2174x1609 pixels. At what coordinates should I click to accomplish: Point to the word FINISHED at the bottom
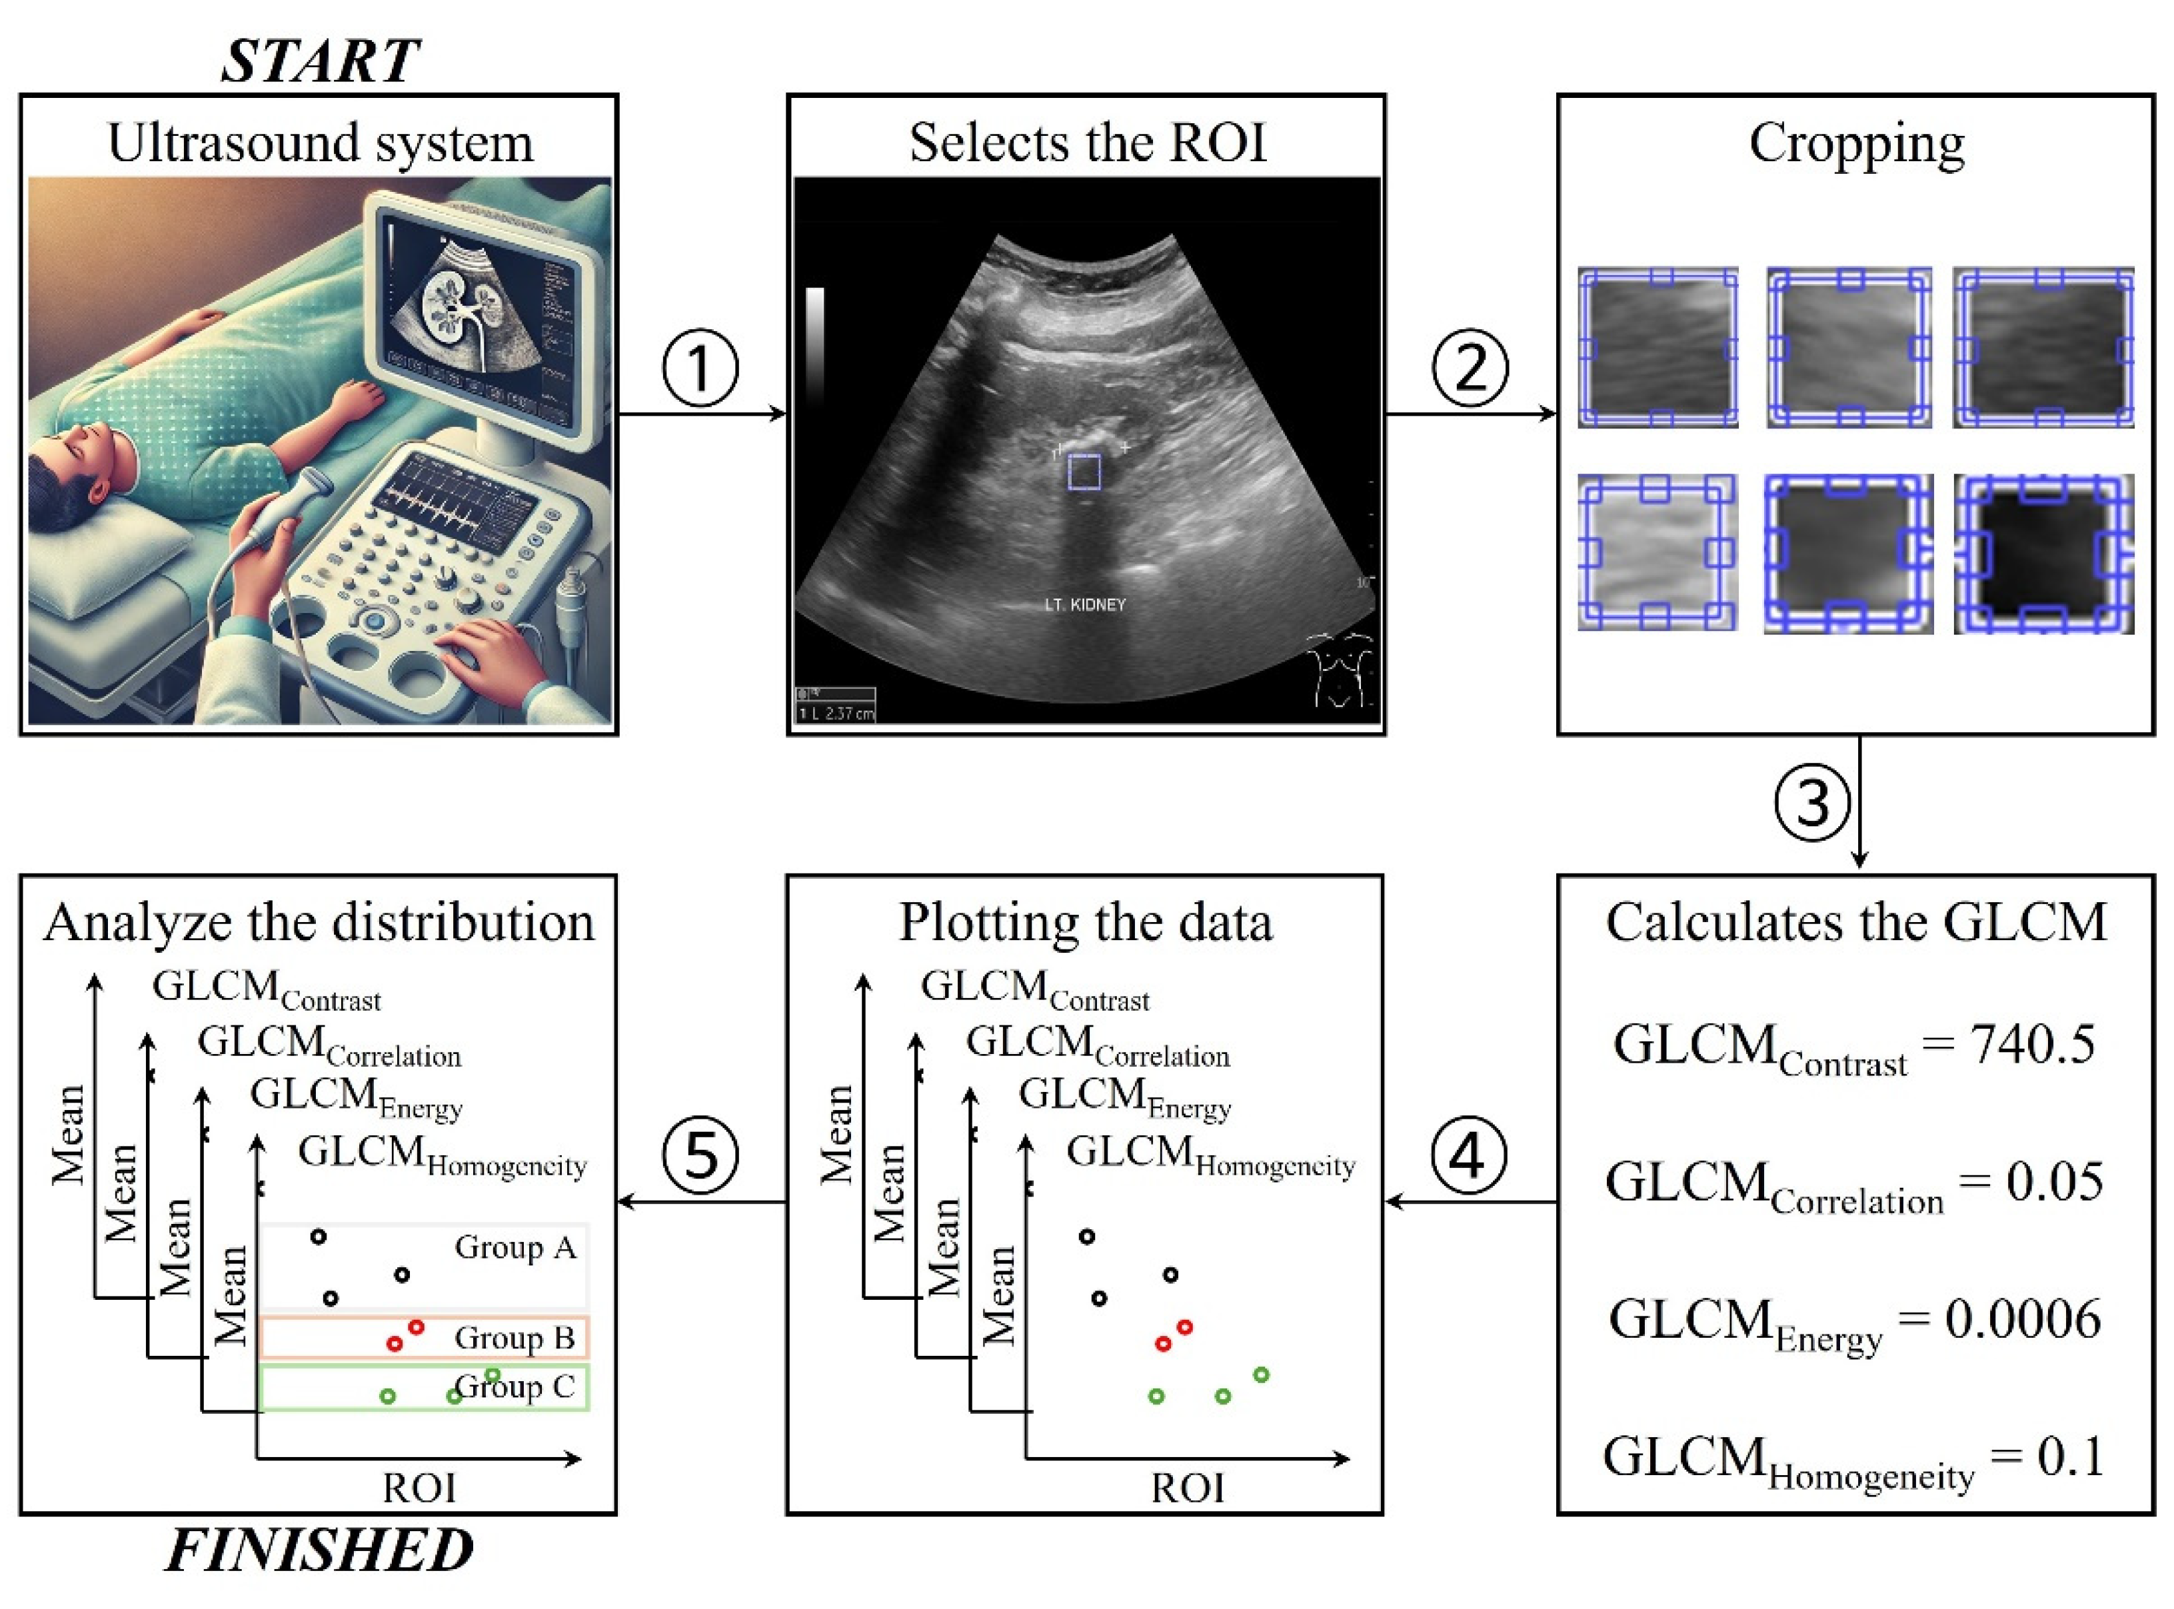[319, 1550]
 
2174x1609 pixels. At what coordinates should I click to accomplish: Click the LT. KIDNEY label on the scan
[1084, 605]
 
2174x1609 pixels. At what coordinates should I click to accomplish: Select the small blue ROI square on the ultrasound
[1084, 472]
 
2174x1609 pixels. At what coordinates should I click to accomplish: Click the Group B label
[515, 1339]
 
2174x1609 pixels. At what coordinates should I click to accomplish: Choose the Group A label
[515, 1248]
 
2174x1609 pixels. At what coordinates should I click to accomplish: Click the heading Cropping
[1857, 144]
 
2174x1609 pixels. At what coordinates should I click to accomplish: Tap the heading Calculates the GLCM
[1857, 922]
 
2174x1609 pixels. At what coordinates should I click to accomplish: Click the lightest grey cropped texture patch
[1657, 553]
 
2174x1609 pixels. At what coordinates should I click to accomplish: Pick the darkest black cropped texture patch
[2043, 553]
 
